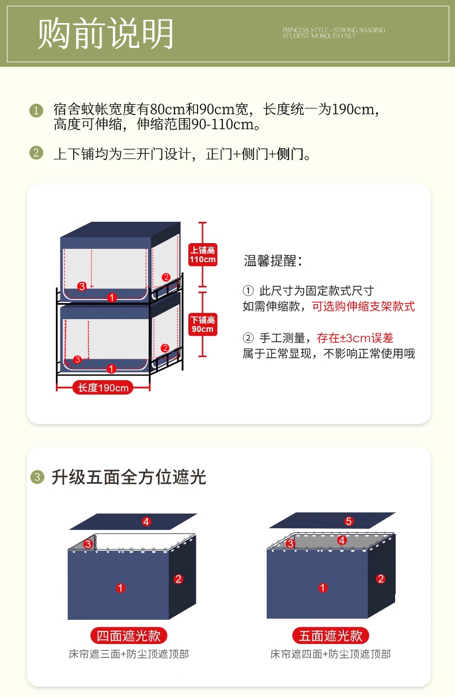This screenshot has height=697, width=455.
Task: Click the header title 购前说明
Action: click(105, 34)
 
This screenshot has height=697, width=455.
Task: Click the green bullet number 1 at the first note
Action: click(36, 110)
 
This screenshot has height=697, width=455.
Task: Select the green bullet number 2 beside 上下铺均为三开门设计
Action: click(36, 153)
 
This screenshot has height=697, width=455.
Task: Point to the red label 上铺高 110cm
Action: click(203, 255)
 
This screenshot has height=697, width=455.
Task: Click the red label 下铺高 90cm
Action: click(203, 325)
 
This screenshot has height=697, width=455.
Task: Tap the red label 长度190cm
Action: click(104, 388)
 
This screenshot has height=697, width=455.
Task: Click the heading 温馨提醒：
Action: click(274, 260)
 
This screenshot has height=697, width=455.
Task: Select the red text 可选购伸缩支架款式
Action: click(363, 306)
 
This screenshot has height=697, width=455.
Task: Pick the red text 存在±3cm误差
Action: click(355, 338)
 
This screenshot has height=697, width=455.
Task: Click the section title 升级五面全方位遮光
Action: click(129, 477)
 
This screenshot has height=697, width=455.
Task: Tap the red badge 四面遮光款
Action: click(129, 635)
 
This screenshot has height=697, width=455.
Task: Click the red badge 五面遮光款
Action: click(331, 635)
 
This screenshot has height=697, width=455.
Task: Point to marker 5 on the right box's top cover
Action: click(348, 521)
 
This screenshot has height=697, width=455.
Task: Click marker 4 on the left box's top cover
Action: click(146, 522)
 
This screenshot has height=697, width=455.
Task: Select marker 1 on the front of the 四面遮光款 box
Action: click(120, 588)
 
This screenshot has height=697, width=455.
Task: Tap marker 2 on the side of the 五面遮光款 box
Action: click(381, 579)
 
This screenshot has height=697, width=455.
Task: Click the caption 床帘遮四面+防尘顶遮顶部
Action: click(331, 654)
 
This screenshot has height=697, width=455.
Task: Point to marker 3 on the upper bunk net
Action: click(82, 286)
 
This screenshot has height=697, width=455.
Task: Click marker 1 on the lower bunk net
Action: click(112, 368)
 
